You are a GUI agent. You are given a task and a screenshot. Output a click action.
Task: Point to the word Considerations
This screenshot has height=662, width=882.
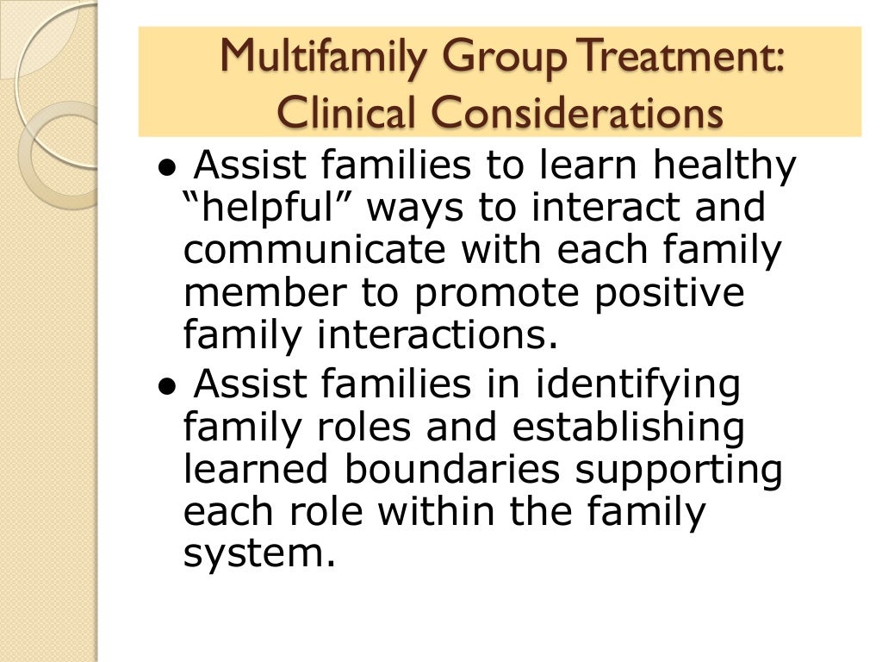point(576,113)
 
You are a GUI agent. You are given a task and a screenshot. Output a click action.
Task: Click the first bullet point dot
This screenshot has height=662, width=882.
point(170,167)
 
